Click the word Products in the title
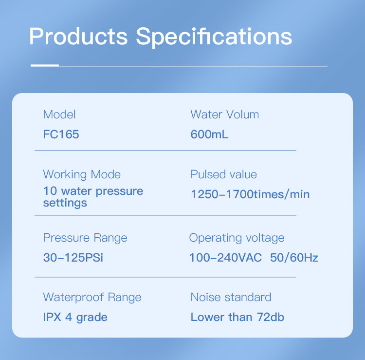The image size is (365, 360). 78,36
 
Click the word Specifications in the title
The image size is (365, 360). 214,38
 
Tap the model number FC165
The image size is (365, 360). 61,134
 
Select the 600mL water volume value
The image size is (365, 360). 209,134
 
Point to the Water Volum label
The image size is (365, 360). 225,114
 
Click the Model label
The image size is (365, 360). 59,114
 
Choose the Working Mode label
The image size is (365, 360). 82,174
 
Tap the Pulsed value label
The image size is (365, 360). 224,174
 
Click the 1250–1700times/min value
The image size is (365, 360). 250,194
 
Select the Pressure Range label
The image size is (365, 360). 85,238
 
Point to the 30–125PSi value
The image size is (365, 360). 73,258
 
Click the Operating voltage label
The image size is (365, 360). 237,238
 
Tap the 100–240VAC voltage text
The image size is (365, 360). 226,258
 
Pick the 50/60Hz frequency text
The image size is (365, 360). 294,258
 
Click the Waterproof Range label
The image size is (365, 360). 92,297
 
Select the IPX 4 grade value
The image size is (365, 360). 75,317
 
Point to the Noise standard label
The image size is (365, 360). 231,297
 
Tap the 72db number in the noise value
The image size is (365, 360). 271,317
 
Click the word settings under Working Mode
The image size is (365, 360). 65,203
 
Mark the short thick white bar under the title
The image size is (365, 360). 45,65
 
